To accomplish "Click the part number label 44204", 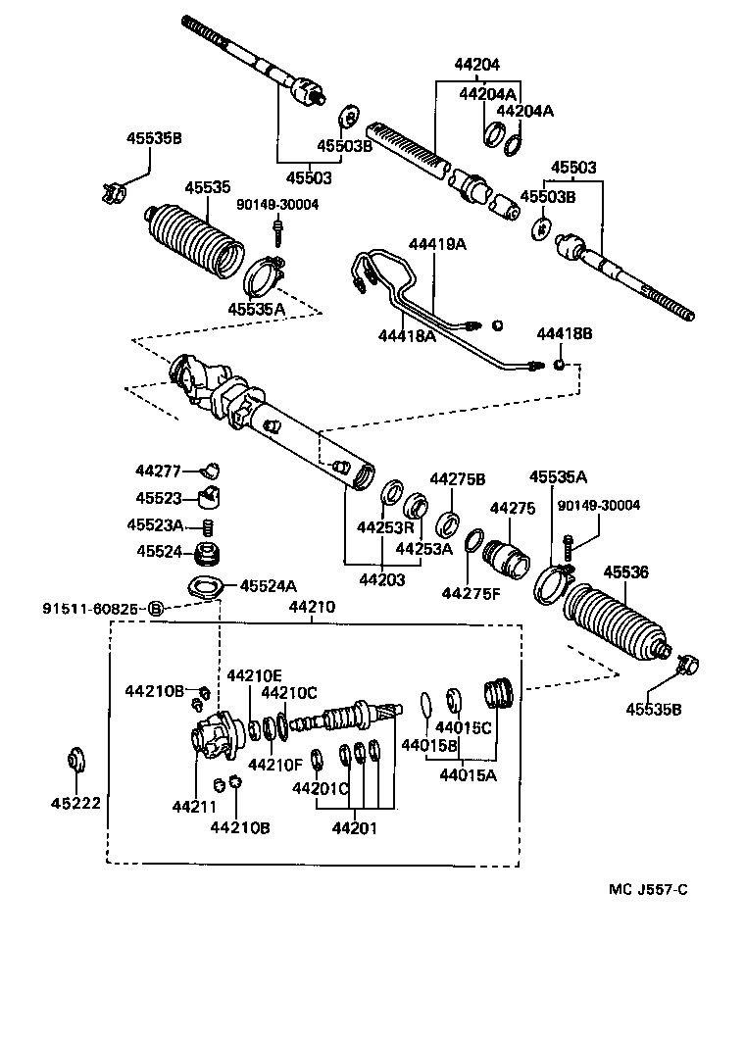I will pyautogui.click(x=476, y=65).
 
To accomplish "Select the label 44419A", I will pyautogui.click(x=437, y=244).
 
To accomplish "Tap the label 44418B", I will pyautogui.click(x=565, y=335).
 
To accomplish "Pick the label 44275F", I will pyautogui.click(x=471, y=593).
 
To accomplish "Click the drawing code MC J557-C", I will pyautogui.click(x=648, y=889).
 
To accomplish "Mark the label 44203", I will pyautogui.click(x=381, y=580).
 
